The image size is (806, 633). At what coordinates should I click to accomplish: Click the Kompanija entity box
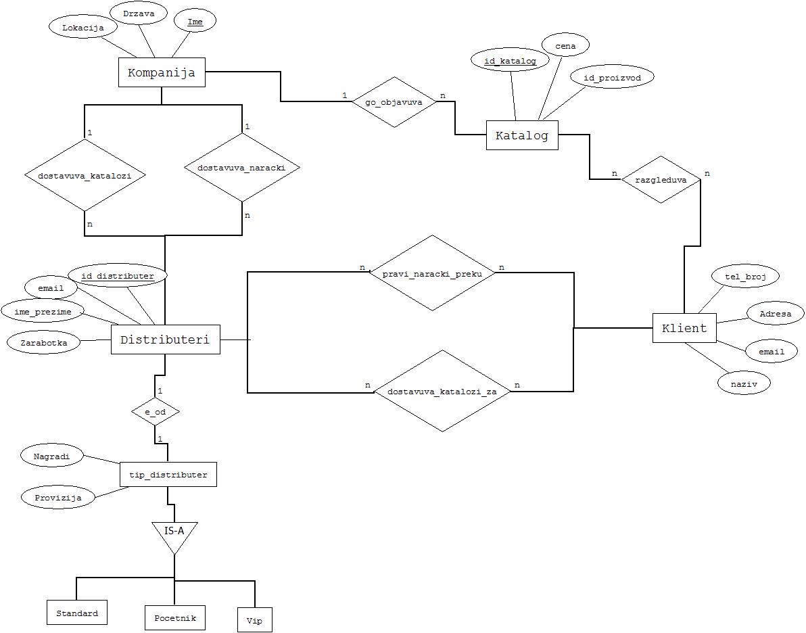click(x=162, y=72)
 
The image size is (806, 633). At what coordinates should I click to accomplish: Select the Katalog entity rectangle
click(x=522, y=135)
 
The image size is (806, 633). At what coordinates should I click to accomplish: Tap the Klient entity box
click(x=684, y=328)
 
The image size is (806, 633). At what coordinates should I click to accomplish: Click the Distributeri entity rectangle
click(x=165, y=339)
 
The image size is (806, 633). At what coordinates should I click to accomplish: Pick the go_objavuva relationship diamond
click(x=394, y=102)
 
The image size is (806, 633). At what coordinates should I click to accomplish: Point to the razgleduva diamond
click(x=661, y=180)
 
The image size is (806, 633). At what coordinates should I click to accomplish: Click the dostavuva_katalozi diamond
click(x=85, y=175)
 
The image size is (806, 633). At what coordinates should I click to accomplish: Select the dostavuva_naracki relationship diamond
click(x=242, y=167)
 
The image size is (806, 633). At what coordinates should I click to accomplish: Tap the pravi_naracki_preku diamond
click(x=432, y=273)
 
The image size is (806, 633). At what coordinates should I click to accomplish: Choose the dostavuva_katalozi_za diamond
click(x=442, y=391)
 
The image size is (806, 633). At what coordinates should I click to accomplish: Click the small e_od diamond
click(x=155, y=411)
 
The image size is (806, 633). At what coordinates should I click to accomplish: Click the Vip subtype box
click(x=254, y=620)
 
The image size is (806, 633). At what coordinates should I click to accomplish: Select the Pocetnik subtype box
click(x=174, y=617)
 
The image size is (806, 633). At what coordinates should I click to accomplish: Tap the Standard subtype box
click(x=77, y=613)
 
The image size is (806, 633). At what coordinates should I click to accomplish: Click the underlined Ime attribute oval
click(x=195, y=22)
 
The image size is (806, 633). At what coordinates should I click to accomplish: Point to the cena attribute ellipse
click(x=565, y=46)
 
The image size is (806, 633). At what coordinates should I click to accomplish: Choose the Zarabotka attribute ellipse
click(x=44, y=342)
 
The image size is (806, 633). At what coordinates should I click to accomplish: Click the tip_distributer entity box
click(x=168, y=474)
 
